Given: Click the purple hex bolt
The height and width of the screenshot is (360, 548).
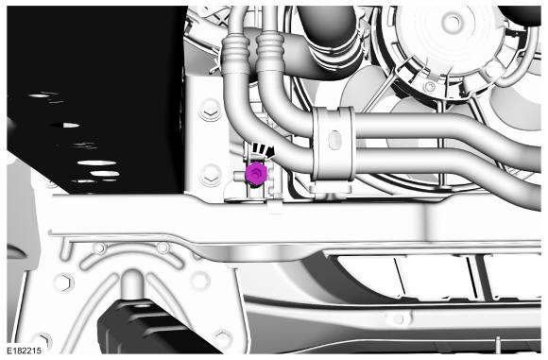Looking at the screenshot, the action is (x=256, y=173).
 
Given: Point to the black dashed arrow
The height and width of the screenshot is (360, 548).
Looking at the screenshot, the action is (x=264, y=149).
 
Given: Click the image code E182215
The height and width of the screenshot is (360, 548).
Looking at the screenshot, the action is (x=25, y=351).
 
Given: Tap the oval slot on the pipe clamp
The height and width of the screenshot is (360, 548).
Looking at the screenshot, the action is (x=334, y=140).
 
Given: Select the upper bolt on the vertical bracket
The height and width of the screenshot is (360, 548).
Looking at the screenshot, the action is (x=211, y=111).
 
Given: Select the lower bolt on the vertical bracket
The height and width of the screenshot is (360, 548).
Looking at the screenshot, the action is (x=211, y=175).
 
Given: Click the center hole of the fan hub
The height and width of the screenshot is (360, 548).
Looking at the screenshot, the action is (x=454, y=22).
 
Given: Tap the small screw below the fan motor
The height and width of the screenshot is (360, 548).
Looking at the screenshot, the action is (x=430, y=85).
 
